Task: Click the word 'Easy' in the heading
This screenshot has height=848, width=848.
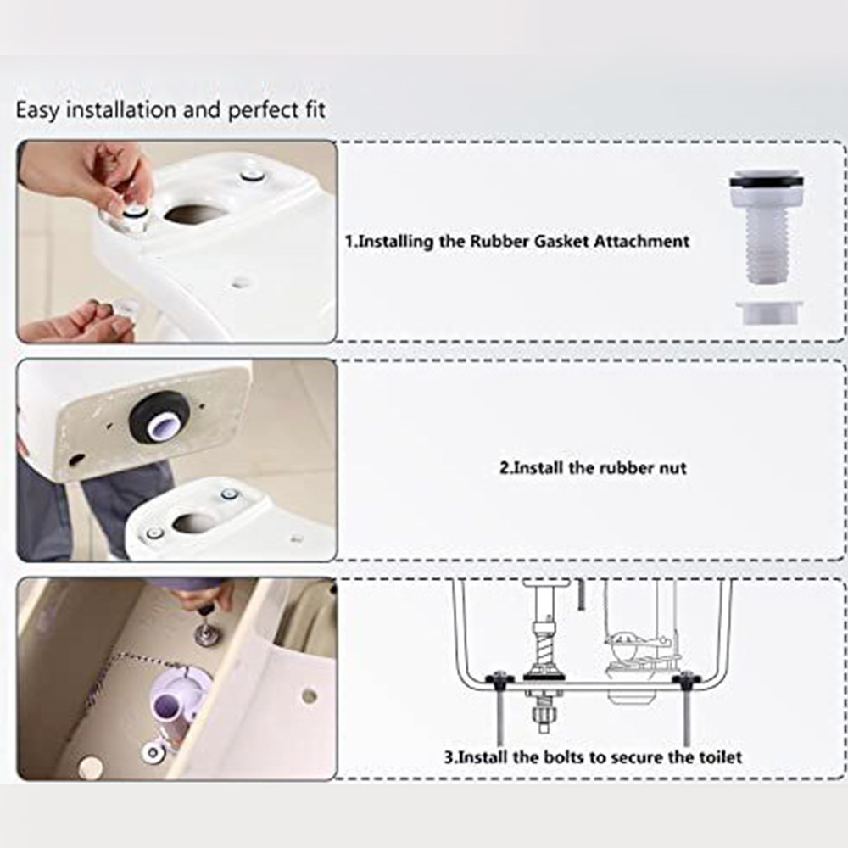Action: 37,111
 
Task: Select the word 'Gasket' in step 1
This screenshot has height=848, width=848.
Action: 561,241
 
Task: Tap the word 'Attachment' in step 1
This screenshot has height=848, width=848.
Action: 641,241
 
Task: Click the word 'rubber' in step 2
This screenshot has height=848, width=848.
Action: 624,468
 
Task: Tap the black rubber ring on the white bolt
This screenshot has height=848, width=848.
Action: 766,182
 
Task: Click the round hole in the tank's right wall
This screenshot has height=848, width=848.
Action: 310,696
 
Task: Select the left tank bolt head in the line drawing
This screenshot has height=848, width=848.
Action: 499,678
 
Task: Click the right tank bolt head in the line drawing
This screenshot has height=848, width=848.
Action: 686,678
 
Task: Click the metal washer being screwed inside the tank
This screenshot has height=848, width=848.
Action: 207,633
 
